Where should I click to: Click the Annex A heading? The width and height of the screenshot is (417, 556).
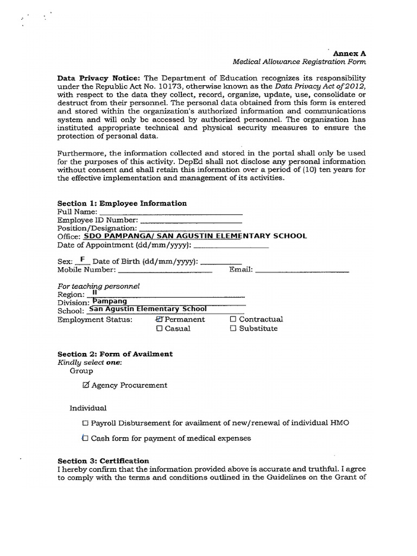pyautogui.click(x=350, y=54)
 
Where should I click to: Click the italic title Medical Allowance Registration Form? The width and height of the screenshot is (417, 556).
pyautogui.click(x=299, y=62)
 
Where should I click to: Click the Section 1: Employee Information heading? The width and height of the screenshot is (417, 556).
pyautogui.click(x=122, y=203)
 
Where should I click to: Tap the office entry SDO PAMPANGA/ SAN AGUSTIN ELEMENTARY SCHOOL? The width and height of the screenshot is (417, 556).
pyautogui.click(x=194, y=236)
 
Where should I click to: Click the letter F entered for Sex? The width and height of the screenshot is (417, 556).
pyautogui.click(x=83, y=260)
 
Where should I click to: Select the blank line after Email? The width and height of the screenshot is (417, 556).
pyautogui.click(x=302, y=269)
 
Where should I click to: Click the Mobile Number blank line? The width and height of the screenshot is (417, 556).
pyautogui.click(x=165, y=269)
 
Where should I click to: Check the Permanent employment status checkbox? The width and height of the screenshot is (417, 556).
pyautogui.click(x=159, y=319)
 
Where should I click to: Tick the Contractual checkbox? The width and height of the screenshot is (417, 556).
pyautogui.click(x=233, y=319)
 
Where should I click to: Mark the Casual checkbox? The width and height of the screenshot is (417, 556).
pyautogui.click(x=159, y=328)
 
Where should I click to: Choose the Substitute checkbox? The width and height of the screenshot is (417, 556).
pyautogui.click(x=233, y=328)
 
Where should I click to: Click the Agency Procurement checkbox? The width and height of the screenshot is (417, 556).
pyautogui.click(x=86, y=385)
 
